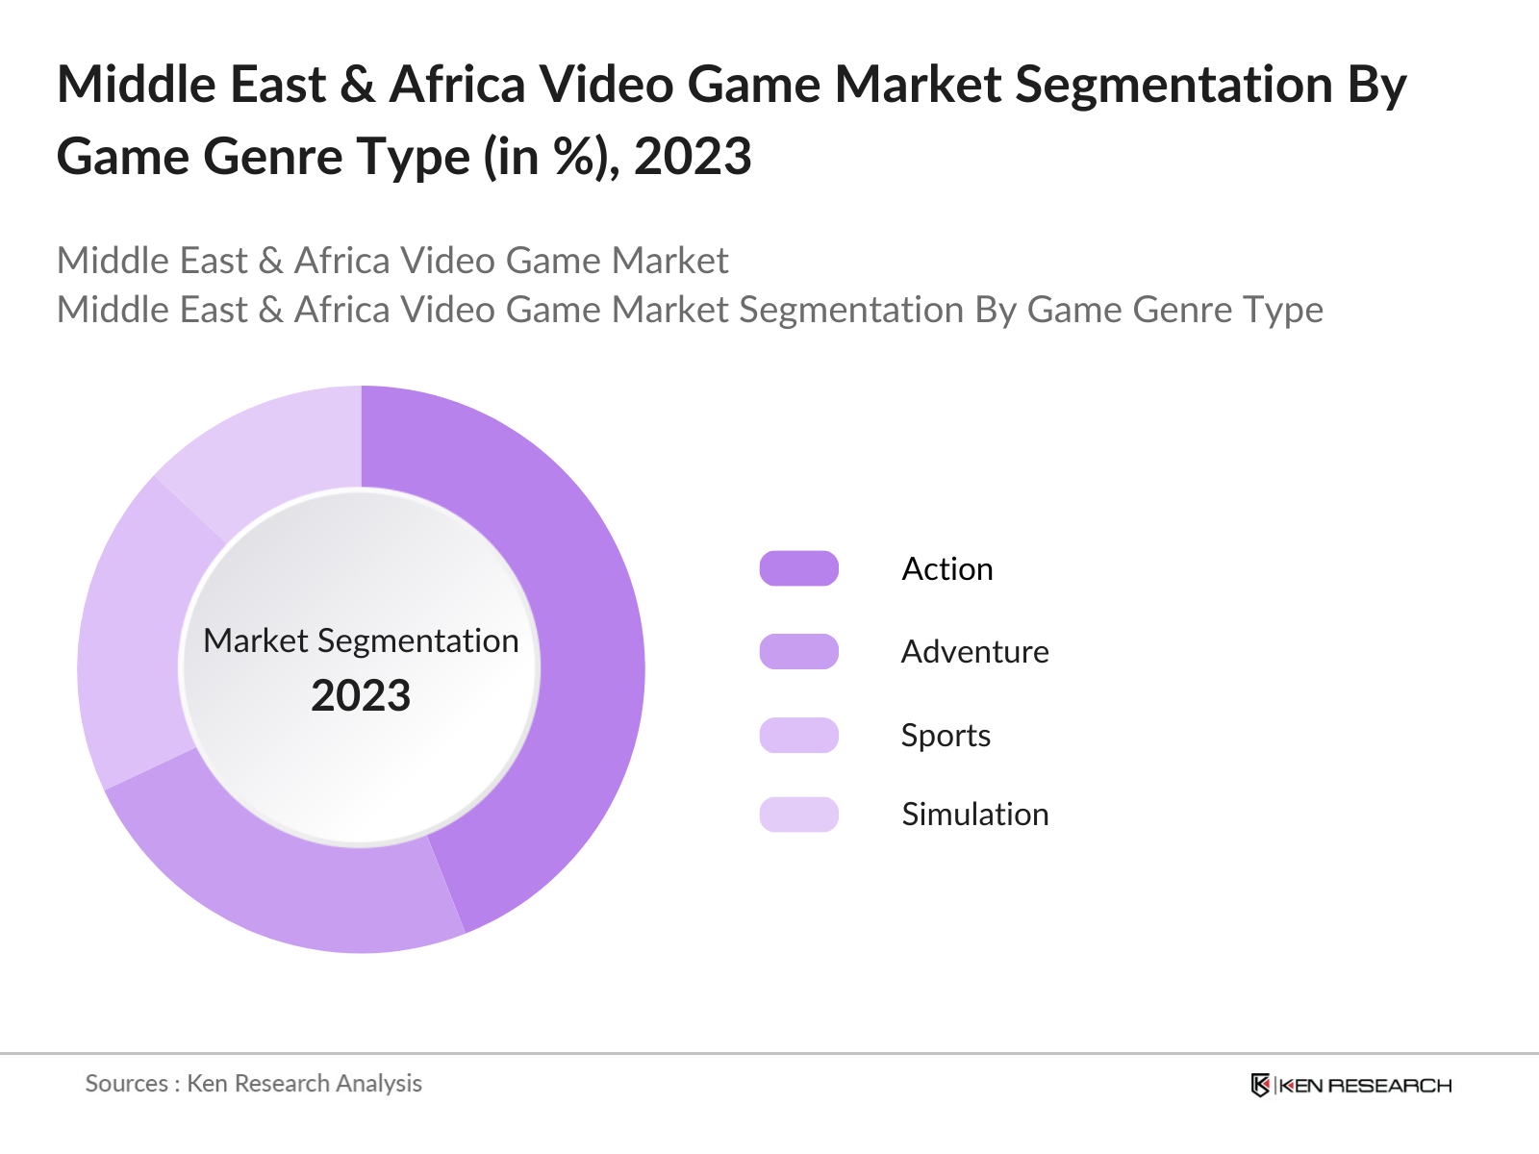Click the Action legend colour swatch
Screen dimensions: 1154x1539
click(798, 568)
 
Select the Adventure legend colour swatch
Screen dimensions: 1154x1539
click(798, 651)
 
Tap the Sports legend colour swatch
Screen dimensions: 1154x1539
click(798, 735)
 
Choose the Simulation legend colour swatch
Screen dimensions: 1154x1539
click(798, 815)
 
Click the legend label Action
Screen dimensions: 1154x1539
click(946, 569)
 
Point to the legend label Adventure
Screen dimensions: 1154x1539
click(974, 652)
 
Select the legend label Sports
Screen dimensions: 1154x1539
click(946, 736)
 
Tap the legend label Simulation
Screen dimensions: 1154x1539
click(974, 815)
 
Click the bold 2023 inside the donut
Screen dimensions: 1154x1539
click(361, 695)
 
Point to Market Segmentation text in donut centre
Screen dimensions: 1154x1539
click(361, 640)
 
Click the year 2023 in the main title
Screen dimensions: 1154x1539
click(693, 157)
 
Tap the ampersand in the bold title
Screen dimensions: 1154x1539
click(357, 85)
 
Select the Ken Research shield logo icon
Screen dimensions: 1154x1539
click(1260, 1085)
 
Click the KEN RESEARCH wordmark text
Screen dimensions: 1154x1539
click(1365, 1086)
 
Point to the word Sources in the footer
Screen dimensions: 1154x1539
click(126, 1084)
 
